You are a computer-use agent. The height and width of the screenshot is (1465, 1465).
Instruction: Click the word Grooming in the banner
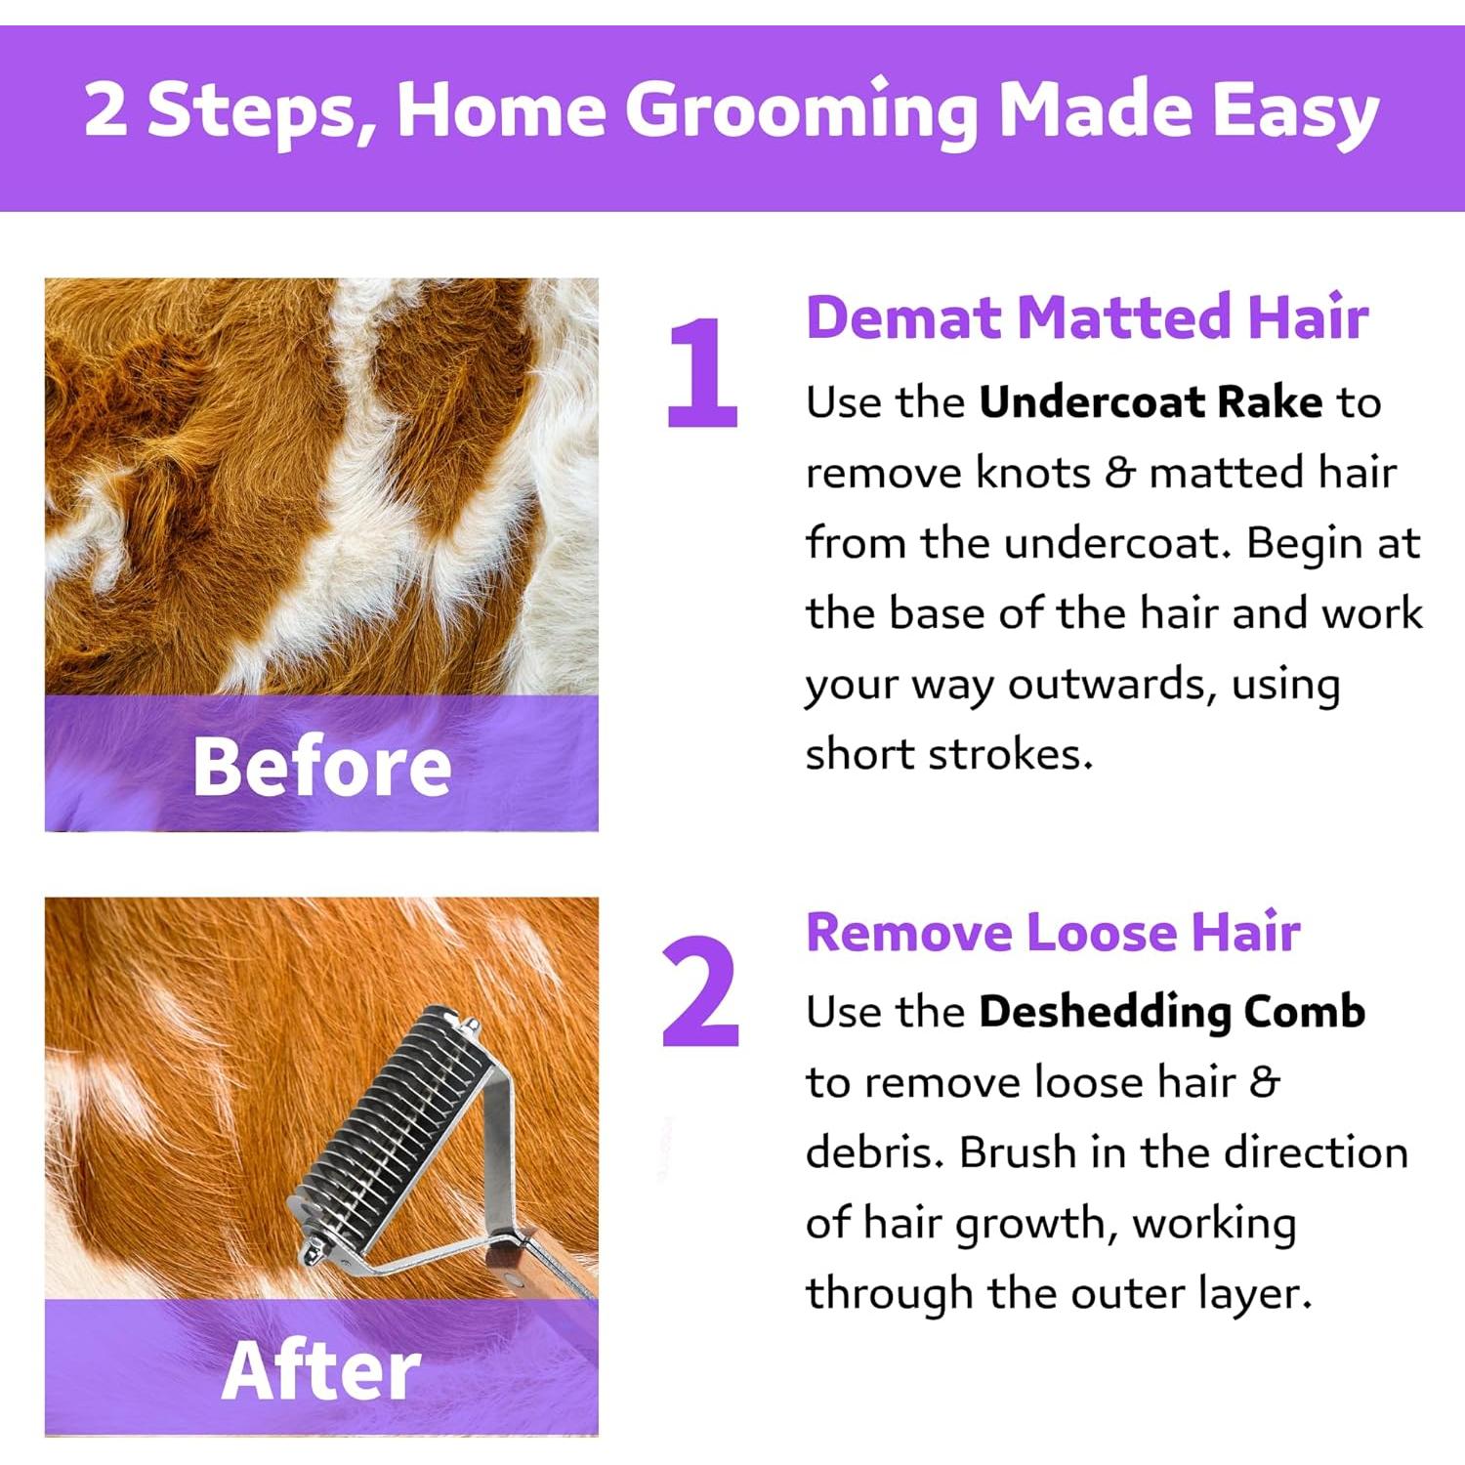pos(801,110)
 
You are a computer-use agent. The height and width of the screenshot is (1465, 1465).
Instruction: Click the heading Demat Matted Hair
pos(1086,317)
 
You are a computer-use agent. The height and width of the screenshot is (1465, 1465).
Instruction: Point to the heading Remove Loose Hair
pos(1053,932)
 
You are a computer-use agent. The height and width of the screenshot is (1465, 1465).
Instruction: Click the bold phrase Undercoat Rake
pos(1151,402)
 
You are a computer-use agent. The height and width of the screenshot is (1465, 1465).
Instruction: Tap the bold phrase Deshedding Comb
pos(1171,1012)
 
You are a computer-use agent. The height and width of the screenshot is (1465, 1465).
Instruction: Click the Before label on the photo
pos(321,767)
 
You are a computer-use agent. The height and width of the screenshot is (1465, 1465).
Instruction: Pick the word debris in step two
pos(874,1152)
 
